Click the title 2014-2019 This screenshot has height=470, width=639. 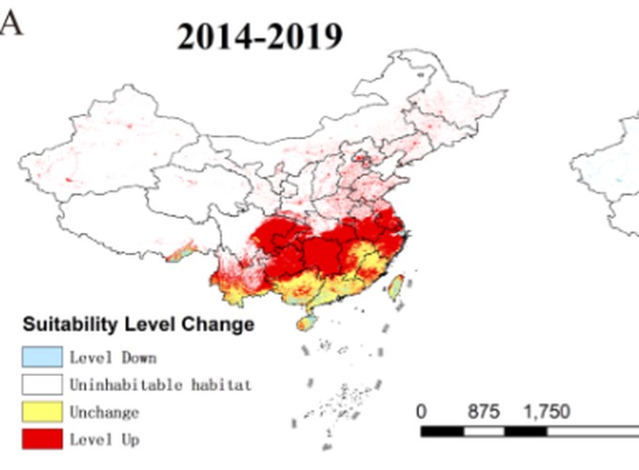[260, 37]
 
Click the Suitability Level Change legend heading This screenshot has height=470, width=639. [137, 325]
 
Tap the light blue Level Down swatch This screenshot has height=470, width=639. [40, 357]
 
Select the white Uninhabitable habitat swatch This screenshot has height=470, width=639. [40, 384]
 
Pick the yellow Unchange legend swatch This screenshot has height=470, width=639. [40, 412]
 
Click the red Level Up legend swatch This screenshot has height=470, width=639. [40, 439]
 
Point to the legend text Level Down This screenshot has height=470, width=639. [112, 357]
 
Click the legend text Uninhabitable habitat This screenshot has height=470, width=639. [160, 384]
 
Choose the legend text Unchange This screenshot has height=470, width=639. [104, 412]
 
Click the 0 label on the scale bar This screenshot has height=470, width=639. [421, 412]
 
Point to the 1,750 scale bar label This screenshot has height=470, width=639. [548, 412]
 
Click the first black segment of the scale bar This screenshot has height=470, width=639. [442, 431]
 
